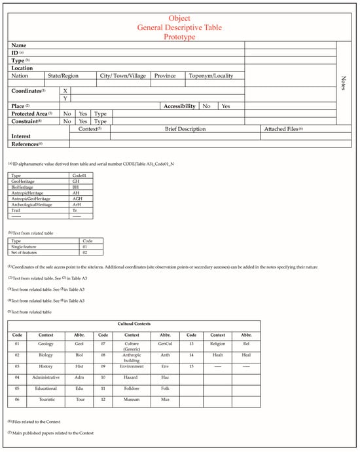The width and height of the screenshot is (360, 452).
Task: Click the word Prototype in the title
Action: point(179,37)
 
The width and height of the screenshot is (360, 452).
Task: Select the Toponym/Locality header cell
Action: point(211,76)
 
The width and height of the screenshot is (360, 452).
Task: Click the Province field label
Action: point(165,76)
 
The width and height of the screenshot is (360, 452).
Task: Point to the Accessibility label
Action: point(179,105)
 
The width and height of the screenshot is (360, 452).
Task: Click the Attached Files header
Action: point(283,129)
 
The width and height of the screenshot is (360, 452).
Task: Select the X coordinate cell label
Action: point(65,90)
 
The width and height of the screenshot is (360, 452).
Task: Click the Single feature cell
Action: point(24,247)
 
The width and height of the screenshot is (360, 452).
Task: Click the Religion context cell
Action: point(217,343)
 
